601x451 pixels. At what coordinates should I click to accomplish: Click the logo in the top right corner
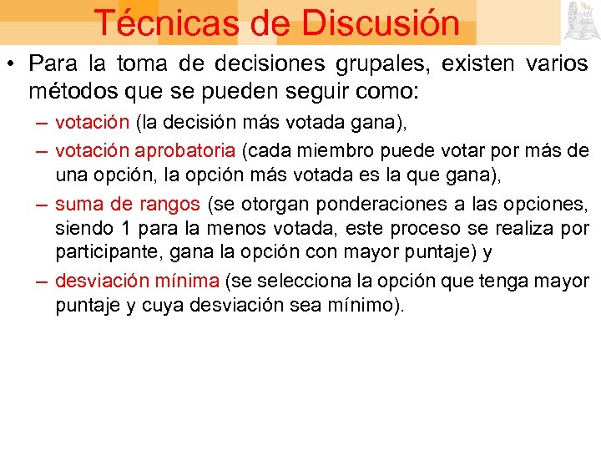click(x=579, y=20)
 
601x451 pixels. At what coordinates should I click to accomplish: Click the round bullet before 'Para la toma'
click(x=13, y=65)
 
